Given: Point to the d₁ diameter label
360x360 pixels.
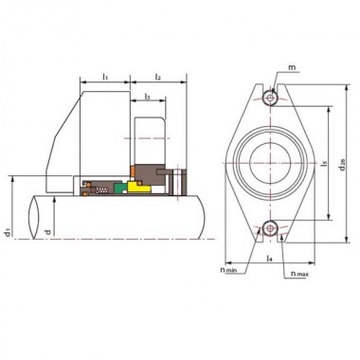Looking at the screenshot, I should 8,230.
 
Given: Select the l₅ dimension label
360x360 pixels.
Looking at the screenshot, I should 325,162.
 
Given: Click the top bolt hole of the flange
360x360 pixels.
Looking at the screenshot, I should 272,97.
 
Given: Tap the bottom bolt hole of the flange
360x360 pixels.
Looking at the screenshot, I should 271,226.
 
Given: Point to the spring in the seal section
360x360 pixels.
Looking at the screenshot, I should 93,187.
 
